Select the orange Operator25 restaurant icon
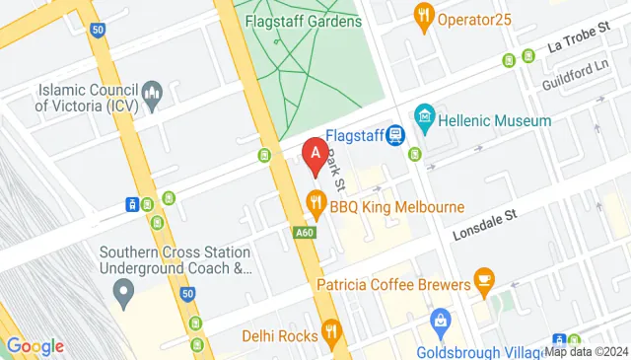(425, 16)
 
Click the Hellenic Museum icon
(425, 119)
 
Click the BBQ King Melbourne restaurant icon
(316, 206)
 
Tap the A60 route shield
(305, 233)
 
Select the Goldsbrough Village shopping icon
(441, 321)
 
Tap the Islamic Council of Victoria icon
(152, 97)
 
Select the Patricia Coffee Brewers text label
(393, 284)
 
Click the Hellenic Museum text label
(496, 120)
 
